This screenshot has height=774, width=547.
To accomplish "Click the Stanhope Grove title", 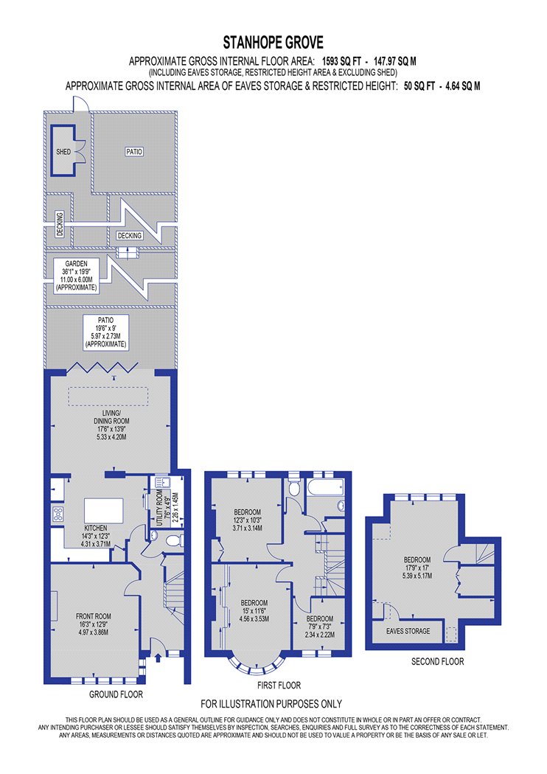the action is [273, 43].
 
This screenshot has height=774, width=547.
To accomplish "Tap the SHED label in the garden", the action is [63, 152].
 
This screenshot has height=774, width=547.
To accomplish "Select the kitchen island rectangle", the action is [104, 510].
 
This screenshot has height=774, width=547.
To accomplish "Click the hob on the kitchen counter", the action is [58, 514].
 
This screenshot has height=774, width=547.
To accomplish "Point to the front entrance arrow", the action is [158, 658].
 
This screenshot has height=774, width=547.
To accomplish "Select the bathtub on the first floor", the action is [325, 488].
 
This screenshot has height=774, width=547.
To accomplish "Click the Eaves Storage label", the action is [408, 631].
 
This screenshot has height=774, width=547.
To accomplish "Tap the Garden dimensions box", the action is [77, 276].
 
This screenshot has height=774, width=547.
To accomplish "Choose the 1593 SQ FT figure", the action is [341, 62].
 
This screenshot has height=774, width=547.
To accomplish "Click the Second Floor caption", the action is [437, 661].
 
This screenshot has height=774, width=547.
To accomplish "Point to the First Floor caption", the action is [279, 685].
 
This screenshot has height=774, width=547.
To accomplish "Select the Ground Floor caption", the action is [116, 694].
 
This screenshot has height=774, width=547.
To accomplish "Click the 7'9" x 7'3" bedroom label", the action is [320, 627].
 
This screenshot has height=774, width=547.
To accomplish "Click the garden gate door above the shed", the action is [80, 104].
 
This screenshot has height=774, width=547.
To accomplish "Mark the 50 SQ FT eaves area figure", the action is [419, 86].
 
